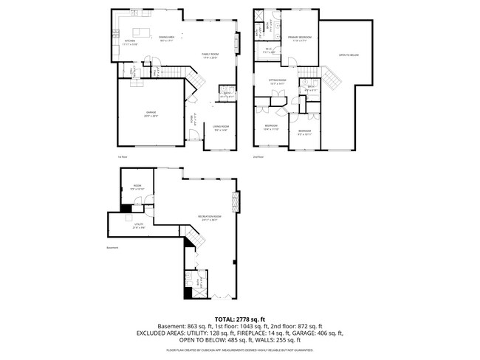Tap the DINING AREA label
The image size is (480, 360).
point(167,38)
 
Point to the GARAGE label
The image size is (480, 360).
point(151,114)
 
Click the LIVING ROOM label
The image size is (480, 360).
point(221,127)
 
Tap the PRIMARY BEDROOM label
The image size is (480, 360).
point(300,37)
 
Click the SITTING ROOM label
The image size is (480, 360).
point(277,82)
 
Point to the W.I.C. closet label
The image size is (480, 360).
point(269,50)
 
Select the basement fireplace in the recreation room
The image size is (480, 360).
point(236,201)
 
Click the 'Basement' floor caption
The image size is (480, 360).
point(112,247)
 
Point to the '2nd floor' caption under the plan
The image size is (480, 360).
point(258,156)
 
